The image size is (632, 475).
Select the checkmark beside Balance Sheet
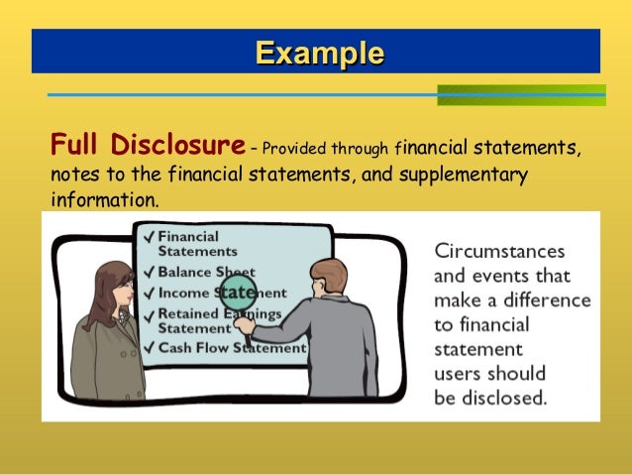click(x=149, y=272)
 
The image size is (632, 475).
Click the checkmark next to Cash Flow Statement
click(x=149, y=348)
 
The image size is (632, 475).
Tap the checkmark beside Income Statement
click(x=149, y=294)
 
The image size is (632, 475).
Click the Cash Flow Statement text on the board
click(x=232, y=348)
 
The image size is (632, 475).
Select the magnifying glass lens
click(x=238, y=293)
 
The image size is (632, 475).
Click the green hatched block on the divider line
click(x=520, y=95)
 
